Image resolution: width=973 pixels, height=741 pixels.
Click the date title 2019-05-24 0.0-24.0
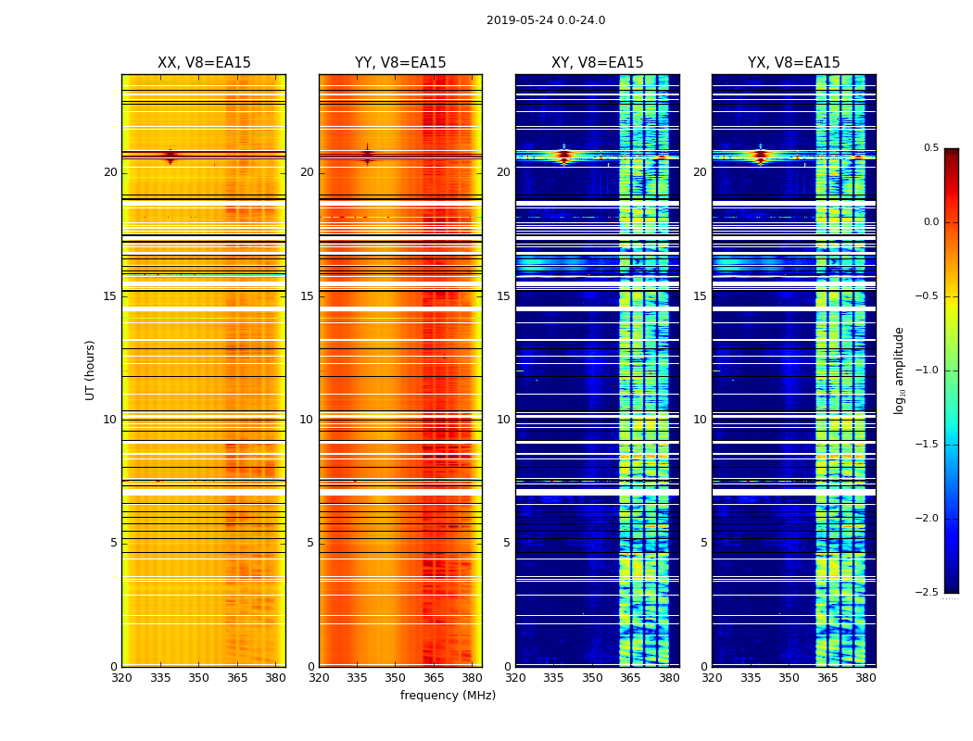pyautogui.click(x=546, y=20)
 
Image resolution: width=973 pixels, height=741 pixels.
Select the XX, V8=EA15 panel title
pyautogui.click(x=204, y=63)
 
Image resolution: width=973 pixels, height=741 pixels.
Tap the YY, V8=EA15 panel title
pyautogui.click(x=400, y=63)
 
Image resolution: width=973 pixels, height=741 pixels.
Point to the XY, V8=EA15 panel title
pyautogui.click(x=598, y=63)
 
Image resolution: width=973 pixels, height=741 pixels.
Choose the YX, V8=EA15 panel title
pyautogui.click(x=794, y=63)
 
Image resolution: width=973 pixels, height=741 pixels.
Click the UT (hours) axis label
pyautogui.click(x=90, y=370)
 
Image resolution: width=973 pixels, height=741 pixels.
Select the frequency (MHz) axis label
pyautogui.click(x=448, y=696)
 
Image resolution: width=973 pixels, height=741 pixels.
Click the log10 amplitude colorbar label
pyautogui.click(x=899, y=370)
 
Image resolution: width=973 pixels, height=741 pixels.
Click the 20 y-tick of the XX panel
pyautogui.click(x=110, y=172)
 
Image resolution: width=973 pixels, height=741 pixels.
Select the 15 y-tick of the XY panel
pyautogui.click(x=503, y=296)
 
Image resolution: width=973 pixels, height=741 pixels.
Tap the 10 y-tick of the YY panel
pyautogui.click(x=307, y=420)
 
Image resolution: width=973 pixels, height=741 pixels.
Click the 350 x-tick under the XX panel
pyautogui.click(x=198, y=678)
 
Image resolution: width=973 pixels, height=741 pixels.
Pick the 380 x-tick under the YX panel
pyautogui.click(x=866, y=678)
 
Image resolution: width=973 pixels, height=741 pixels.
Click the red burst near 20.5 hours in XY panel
pyautogui.click(x=563, y=155)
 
